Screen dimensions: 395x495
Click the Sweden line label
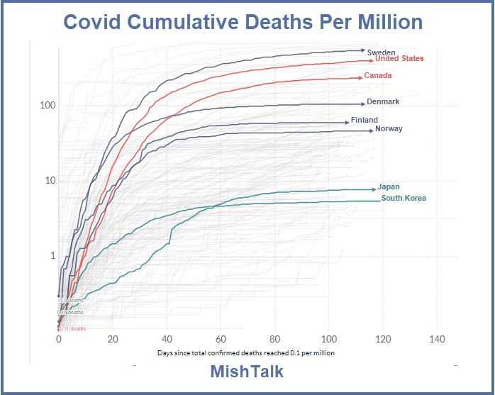point(381,52)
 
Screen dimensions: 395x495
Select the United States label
point(399,59)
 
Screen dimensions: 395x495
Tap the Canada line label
point(378,75)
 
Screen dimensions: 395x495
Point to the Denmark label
point(383,101)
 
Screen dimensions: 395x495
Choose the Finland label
point(365,121)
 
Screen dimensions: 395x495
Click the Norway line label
point(389,129)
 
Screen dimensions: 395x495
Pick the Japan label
point(389,187)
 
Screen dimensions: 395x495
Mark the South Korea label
point(404,198)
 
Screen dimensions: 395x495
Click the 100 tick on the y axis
point(48,106)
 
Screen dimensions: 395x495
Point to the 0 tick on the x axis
point(59,339)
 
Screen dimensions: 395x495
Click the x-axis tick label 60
point(221,339)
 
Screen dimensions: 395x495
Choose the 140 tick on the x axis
point(437,339)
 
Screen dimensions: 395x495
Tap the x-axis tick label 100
point(329,339)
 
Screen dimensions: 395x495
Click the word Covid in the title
point(99,22)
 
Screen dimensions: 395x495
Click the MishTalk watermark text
point(247,372)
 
